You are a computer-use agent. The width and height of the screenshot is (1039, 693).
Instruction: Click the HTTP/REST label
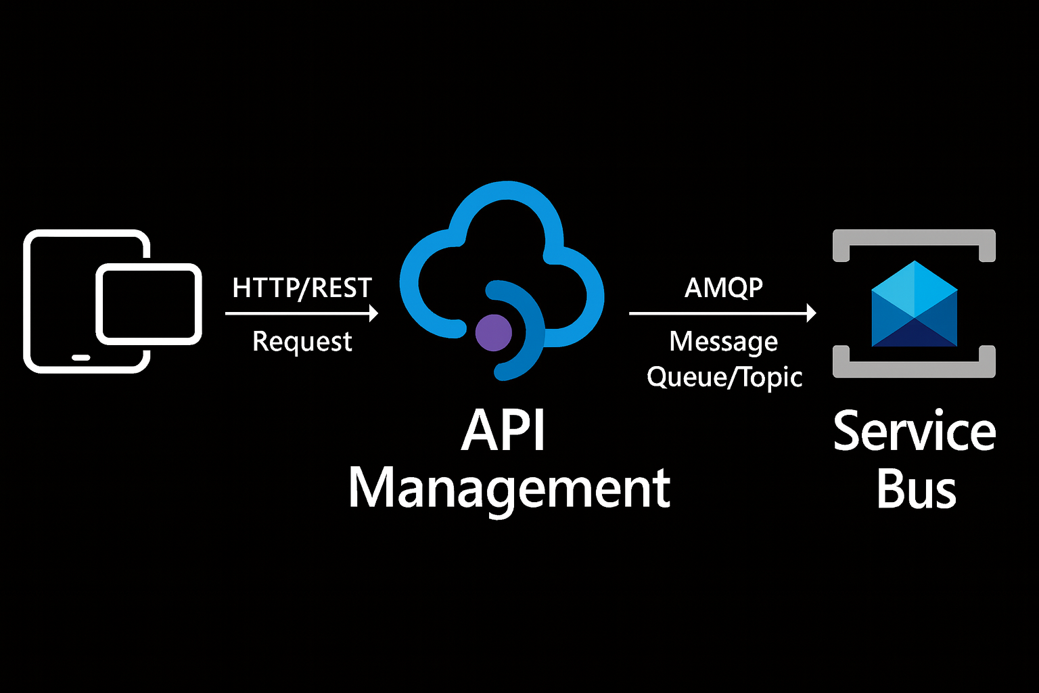pyautogui.click(x=302, y=288)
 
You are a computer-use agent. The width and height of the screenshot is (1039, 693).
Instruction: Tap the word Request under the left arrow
pyautogui.click(x=302, y=342)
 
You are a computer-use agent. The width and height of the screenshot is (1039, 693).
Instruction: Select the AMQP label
pyautogui.click(x=723, y=288)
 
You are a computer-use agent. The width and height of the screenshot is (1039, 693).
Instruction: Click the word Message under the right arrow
pyautogui.click(x=723, y=342)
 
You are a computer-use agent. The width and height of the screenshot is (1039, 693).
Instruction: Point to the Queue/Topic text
pyautogui.click(x=724, y=377)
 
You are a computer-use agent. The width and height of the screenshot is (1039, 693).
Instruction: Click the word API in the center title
pyautogui.click(x=504, y=431)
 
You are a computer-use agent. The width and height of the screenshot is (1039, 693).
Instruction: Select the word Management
pyautogui.click(x=509, y=489)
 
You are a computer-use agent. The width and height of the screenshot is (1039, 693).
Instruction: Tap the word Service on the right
pyautogui.click(x=914, y=431)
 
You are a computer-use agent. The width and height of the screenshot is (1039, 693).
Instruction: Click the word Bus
pyautogui.click(x=916, y=489)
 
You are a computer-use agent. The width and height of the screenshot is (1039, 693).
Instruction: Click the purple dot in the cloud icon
pyautogui.click(x=494, y=333)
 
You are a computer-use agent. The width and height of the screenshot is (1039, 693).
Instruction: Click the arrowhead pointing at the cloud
pyautogui.click(x=373, y=313)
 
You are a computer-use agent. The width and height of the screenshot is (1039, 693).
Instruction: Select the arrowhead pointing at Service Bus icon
pyautogui.click(x=811, y=313)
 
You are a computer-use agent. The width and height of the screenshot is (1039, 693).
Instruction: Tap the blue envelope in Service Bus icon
pyautogui.click(x=914, y=304)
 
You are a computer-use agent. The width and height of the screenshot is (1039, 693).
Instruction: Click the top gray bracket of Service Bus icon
pyautogui.click(x=914, y=237)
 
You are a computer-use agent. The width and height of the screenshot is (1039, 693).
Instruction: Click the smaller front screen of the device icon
pyautogui.click(x=149, y=304)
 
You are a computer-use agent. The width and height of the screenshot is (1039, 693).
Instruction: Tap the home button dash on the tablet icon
pyautogui.click(x=80, y=357)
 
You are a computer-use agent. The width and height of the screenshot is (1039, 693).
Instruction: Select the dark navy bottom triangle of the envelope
pyautogui.click(x=914, y=335)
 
